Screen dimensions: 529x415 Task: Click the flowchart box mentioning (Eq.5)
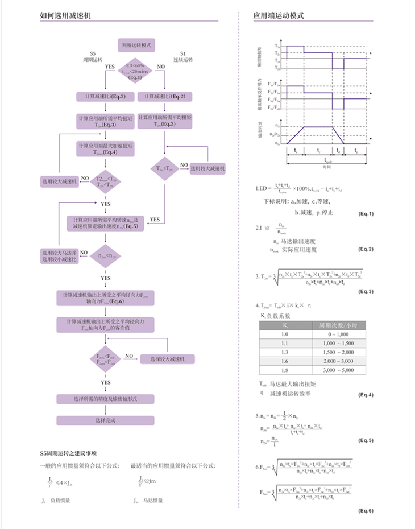(105, 223)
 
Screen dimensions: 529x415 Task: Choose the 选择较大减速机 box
(164, 359)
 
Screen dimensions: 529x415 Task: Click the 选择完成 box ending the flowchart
(106, 420)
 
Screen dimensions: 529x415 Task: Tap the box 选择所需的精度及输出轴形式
(106, 398)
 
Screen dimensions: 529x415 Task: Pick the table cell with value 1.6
(286, 361)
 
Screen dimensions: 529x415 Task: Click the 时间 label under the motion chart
(326, 167)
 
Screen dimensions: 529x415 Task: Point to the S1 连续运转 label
(182, 56)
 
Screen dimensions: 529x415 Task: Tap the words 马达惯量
(153, 501)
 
